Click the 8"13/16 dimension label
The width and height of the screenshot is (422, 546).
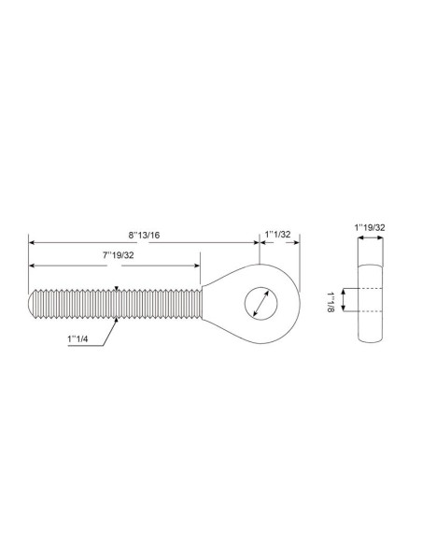click(145, 235)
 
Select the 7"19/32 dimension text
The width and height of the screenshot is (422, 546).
click(119, 255)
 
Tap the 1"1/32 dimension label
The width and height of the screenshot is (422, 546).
click(277, 234)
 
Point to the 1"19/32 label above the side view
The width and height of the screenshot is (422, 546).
click(370, 228)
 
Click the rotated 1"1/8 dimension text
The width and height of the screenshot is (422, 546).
click(331, 302)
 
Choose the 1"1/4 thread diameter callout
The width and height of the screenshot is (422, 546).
click(77, 338)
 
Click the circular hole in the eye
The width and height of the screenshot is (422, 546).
click(261, 303)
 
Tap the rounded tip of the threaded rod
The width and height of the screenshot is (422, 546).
click(32, 303)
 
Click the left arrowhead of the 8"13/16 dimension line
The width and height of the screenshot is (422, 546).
click(32, 242)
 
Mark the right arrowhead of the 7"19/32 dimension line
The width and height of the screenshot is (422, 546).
click(197, 266)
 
